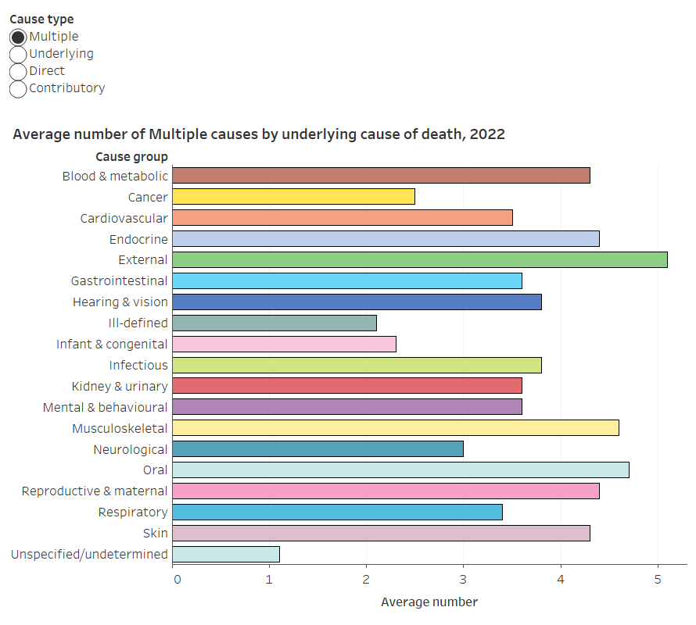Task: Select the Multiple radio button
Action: tap(18, 37)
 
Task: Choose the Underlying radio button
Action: tap(18, 54)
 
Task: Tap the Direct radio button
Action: tap(18, 71)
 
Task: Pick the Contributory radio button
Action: tap(18, 88)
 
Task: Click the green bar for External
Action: tap(419, 260)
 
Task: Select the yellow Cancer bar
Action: tap(293, 197)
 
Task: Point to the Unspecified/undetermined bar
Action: tap(225, 554)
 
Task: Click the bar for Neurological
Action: tap(318, 449)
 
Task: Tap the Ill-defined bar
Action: tap(274, 323)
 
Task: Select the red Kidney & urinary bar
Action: tap(346, 386)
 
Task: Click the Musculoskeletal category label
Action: tap(120, 428)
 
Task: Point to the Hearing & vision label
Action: tap(120, 302)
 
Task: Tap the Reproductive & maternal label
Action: tap(95, 491)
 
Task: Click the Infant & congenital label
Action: tap(112, 344)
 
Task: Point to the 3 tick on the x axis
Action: tap(463, 580)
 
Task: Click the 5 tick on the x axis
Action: tap(658, 580)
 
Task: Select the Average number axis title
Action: tap(429, 602)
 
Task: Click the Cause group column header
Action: tap(131, 157)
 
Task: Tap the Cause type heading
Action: tap(41, 19)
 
